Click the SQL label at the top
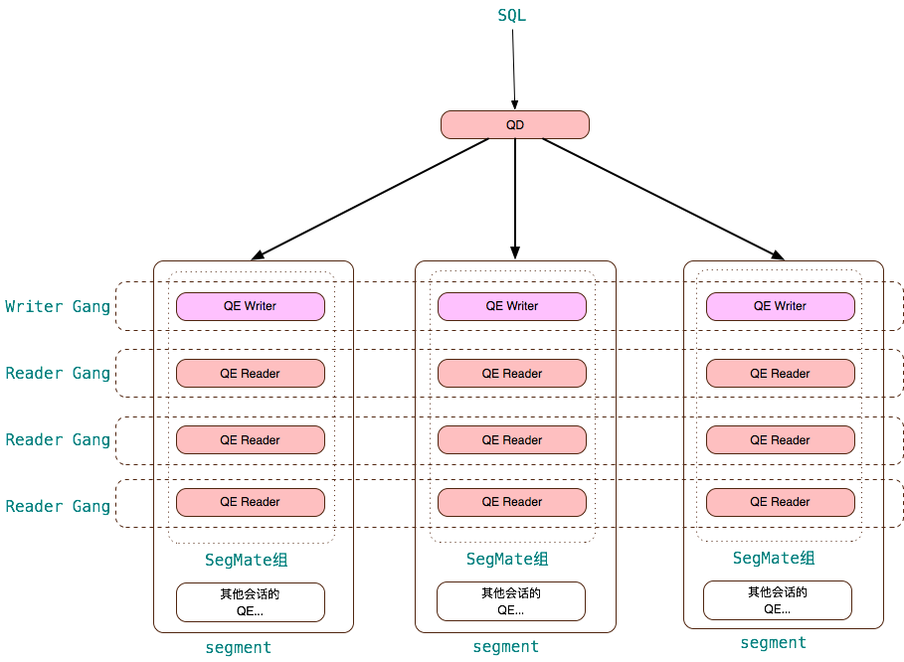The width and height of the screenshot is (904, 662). (x=511, y=16)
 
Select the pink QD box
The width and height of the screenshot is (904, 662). (x=514, y=125)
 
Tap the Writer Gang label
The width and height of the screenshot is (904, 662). (x=58, y=306)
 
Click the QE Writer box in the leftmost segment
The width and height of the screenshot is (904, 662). (x=251, y=306)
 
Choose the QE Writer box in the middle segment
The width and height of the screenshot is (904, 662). (x=512, y=306)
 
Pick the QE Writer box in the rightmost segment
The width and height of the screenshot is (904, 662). (x=780, y=306)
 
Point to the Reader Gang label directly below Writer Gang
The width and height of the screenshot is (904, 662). (x=58, y=374)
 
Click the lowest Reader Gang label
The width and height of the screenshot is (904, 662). (x=58, y=507)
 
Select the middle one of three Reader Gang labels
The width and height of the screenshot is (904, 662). (x=58, y=440)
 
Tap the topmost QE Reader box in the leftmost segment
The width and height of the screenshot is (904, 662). (x=251, y=374)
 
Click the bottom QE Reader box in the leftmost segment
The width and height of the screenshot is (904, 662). (x=251, y=502)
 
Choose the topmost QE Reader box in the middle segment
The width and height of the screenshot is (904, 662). (x=512, y=374)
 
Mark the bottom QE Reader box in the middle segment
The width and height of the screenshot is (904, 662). (x=512, y=502)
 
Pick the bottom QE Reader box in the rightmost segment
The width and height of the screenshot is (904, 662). (x=780, y=502)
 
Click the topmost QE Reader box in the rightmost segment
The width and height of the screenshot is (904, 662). (x=780, y=374)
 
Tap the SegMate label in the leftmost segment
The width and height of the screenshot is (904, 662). (x=246, y=561)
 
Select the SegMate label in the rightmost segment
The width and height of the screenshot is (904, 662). (x=774, y=559)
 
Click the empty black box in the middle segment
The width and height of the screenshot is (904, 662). (x=511, y=601)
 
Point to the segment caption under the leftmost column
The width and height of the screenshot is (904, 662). (x=239, y=648)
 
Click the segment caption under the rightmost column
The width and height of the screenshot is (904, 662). (x=774, y=643)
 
